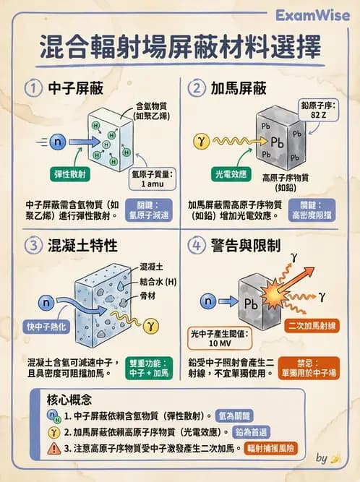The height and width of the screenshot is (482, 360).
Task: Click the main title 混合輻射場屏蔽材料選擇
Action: (179, 50)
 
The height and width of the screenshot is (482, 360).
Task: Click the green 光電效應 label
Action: (229, 175)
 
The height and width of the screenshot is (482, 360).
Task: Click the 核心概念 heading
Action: (70, 398)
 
